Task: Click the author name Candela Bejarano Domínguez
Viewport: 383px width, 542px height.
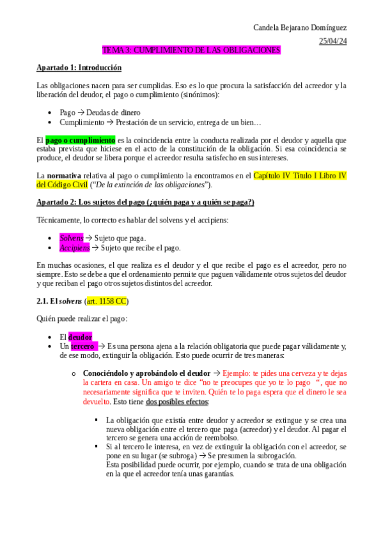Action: pos(300,28)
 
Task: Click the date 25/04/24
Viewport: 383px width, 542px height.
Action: pos(332,41)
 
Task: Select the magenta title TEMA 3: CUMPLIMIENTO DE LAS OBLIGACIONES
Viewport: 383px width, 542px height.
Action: pos(191,50)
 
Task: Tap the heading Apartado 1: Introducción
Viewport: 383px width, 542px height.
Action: pos(79,67)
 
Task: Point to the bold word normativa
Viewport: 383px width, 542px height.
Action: pos(63,175)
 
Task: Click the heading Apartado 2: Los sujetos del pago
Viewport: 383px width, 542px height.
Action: pos(145,202)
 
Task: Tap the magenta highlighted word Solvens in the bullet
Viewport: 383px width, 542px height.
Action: pos(71,238)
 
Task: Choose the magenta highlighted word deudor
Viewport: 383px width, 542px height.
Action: pos(80,337)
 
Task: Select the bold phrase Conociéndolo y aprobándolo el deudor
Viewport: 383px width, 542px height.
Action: pos(146,373)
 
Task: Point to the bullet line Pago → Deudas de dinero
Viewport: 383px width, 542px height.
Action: pos(100,112)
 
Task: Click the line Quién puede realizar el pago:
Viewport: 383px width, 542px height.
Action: pos(81,318)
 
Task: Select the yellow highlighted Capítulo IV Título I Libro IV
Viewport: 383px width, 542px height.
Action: pos(300,175)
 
